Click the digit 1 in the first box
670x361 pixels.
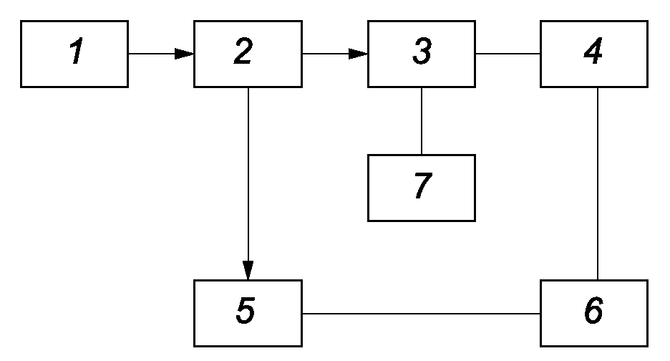pyautogui.click(x=77, y=51)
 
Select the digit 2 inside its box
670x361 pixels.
pyautogui.click(x=243, y=51)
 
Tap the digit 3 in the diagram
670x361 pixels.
pyautogui.click(x=422, y=51)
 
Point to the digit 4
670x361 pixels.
pyautogui.click(x=593, y=51)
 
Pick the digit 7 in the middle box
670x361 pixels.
pyautogui.click(x=423, y=186)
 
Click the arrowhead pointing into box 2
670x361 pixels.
pyautogui.click(x=185, y=54)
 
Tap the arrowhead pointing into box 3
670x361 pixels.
pyautogui.click(x=358, y=54)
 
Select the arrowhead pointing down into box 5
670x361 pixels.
pyautogui.click(x=248, y=270)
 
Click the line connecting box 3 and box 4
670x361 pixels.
pyautogui.click(x=508, y=54)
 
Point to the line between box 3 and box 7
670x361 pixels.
pyautogui.click(x=422, y=121)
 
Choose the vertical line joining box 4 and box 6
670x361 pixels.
pyautogui.click(x=598, y=184)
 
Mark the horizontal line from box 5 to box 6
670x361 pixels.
pyautogui.click(x=422, y=314)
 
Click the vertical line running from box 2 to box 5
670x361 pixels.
pyautogui.click(x=248, y=184)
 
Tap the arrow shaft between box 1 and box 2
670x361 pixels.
pyautogui.click(x=152, y=54)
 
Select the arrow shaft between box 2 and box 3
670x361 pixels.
pyautogui.click(x=326, y=54)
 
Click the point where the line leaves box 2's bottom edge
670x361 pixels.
pyautogui.click(x=248, y=87)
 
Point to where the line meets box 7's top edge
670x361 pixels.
pyautogui.click(x=422, y=155)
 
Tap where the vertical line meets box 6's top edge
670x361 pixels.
pyautogui.click(x=598, y=280)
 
